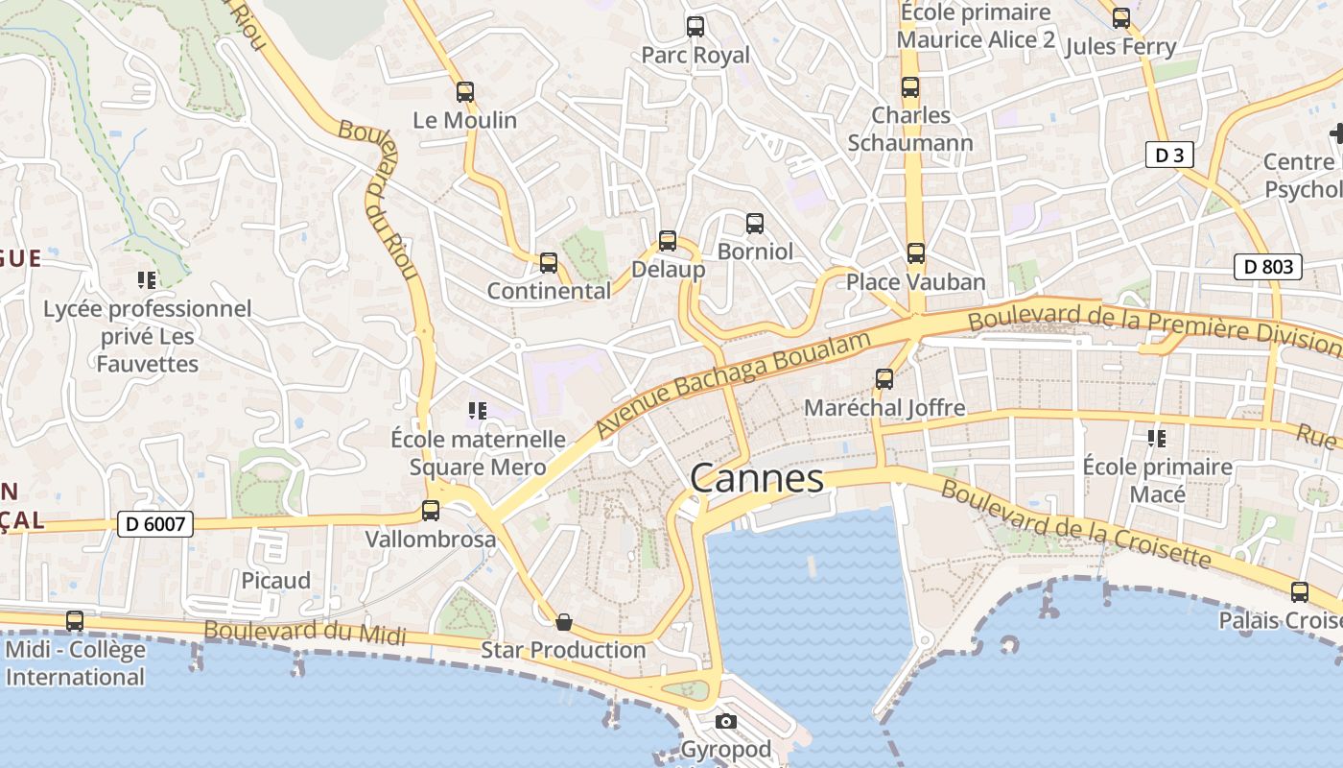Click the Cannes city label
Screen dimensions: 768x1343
pos(756,478)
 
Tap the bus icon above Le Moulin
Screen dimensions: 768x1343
pos(465,92)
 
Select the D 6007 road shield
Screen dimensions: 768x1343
pos(155,524)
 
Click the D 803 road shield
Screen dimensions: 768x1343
pos(1267,267)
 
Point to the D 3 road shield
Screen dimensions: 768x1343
pos(1169,155)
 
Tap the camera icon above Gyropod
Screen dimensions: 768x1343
pos(726,721)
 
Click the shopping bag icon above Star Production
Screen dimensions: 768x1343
pos(564,622)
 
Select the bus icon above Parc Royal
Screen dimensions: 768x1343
pos(695,27)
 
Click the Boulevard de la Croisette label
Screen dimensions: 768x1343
pos(1075,523)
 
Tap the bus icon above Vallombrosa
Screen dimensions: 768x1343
pos(431,511)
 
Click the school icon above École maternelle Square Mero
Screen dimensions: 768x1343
pos(478,411)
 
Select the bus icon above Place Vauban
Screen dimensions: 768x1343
pos(916,253)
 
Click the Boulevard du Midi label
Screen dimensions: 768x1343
pos(305,633)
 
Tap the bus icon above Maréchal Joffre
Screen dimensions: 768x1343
pos(884,379)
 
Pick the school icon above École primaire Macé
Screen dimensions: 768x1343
pos(1157,439)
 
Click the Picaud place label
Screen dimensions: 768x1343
pos(276,581)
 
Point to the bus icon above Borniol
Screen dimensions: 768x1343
pos(755,224)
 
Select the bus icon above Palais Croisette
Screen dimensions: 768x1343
pos(1300,592)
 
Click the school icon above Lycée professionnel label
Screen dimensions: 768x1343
pos(147,280)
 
